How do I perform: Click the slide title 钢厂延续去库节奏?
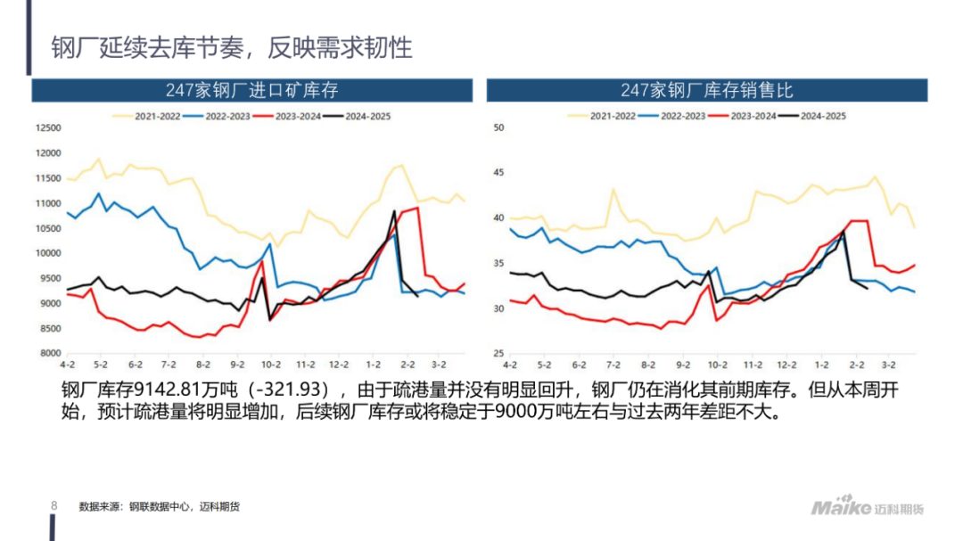[231, 47]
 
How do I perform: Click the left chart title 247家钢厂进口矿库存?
[251, 90]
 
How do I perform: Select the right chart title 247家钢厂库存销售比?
[706, 90]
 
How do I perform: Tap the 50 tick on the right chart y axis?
[498, 127]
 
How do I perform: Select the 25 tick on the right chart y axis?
[498, 354]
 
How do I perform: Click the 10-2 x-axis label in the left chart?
[271, 365]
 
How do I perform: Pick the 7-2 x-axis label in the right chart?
[613, 365]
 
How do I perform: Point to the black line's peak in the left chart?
[394, 211]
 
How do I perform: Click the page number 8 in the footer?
[53, 506]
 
